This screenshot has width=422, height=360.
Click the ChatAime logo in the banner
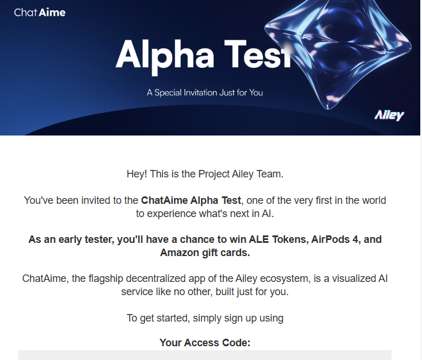tap(40, 13)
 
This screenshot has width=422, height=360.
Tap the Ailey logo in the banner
tap(389, 115)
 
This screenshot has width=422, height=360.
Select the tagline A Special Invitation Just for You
tap(205, 92)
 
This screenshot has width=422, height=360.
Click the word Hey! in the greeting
tap(137, 174)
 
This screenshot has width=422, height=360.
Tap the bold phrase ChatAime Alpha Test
tap(191, 200)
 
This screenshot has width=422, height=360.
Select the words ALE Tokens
tap(278, 239)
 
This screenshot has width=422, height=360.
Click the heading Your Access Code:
tap(205, 343)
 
